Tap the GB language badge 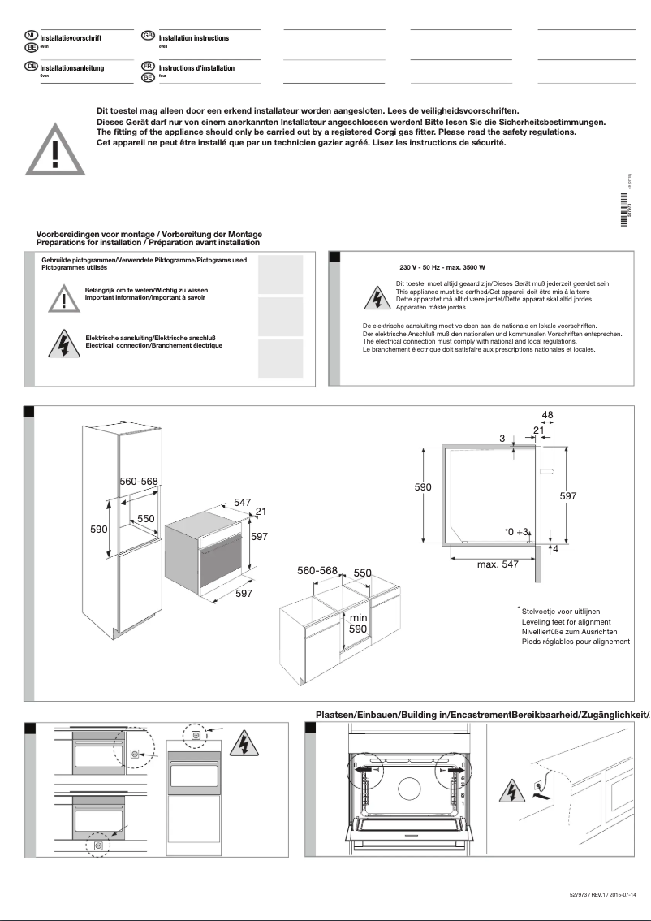149,36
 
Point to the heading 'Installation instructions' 194,38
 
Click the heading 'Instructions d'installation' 196,68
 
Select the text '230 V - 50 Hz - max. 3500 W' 442,267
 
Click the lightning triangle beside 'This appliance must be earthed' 376,298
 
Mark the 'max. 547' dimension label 498,564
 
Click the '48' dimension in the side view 547,415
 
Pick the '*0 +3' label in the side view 516,532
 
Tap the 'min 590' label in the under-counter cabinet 358,623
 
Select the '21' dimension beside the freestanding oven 261,511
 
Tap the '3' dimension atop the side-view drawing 502,439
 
